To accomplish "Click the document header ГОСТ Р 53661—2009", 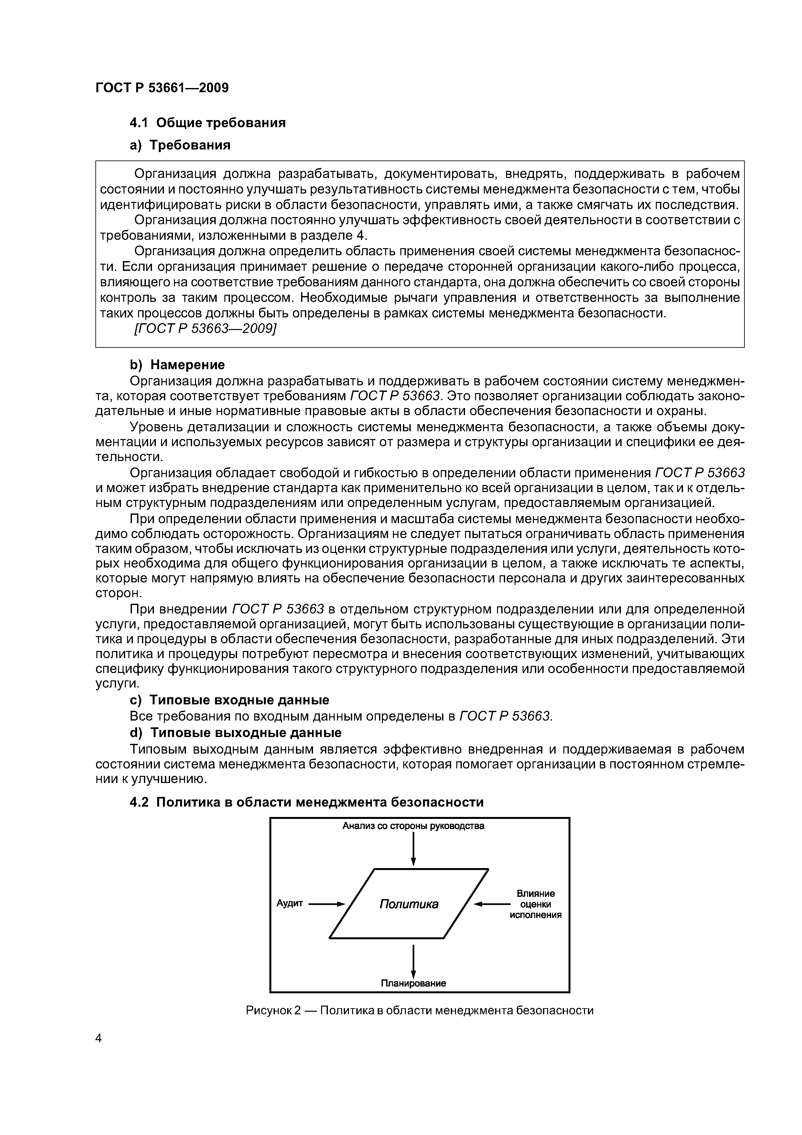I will pyautogui.click(x=162, y=88).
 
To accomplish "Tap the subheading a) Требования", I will pyautogui.click(x=180, y=145).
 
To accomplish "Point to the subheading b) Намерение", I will pyautogui.click(x=177, y=365).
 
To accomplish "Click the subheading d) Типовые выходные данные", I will pyautogui.click(x=235, y=732).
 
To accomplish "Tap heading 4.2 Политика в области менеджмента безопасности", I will pyautogui.click(x=306, y=802).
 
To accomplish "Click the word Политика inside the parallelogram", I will pyautogui.click(x=409, y=904).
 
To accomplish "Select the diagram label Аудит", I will pyautogui.click(x=289, y=903).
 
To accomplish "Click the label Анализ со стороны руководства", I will pyautogui.click(x=413, y=826).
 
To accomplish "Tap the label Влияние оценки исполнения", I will pyautogui.click(x=536, y=904).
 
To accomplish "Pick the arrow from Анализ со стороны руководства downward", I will pyautogui.click(x=413, y=848).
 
